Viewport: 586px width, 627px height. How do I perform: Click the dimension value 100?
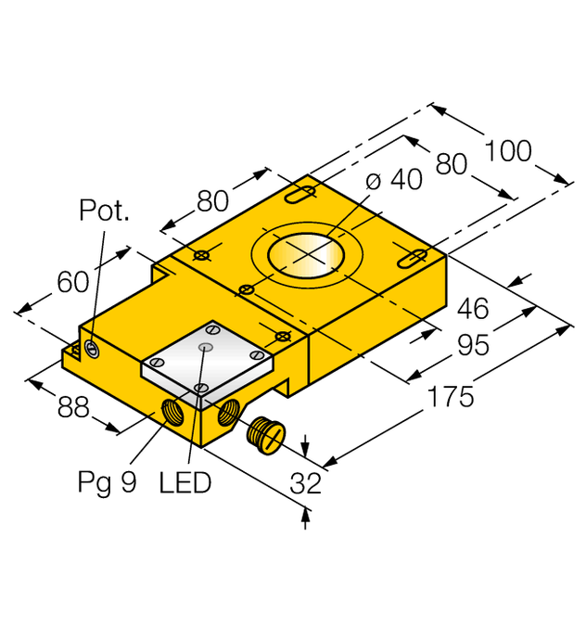508,150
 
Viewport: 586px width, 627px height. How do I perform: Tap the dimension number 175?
450,397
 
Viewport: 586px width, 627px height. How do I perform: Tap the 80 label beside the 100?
451,165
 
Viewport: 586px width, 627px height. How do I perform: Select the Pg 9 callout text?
109,482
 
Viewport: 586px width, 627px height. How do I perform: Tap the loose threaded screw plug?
264,433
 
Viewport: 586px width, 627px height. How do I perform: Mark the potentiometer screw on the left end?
92,349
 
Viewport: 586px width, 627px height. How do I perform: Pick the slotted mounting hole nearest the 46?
413,256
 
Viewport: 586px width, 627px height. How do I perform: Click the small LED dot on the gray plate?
206,347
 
